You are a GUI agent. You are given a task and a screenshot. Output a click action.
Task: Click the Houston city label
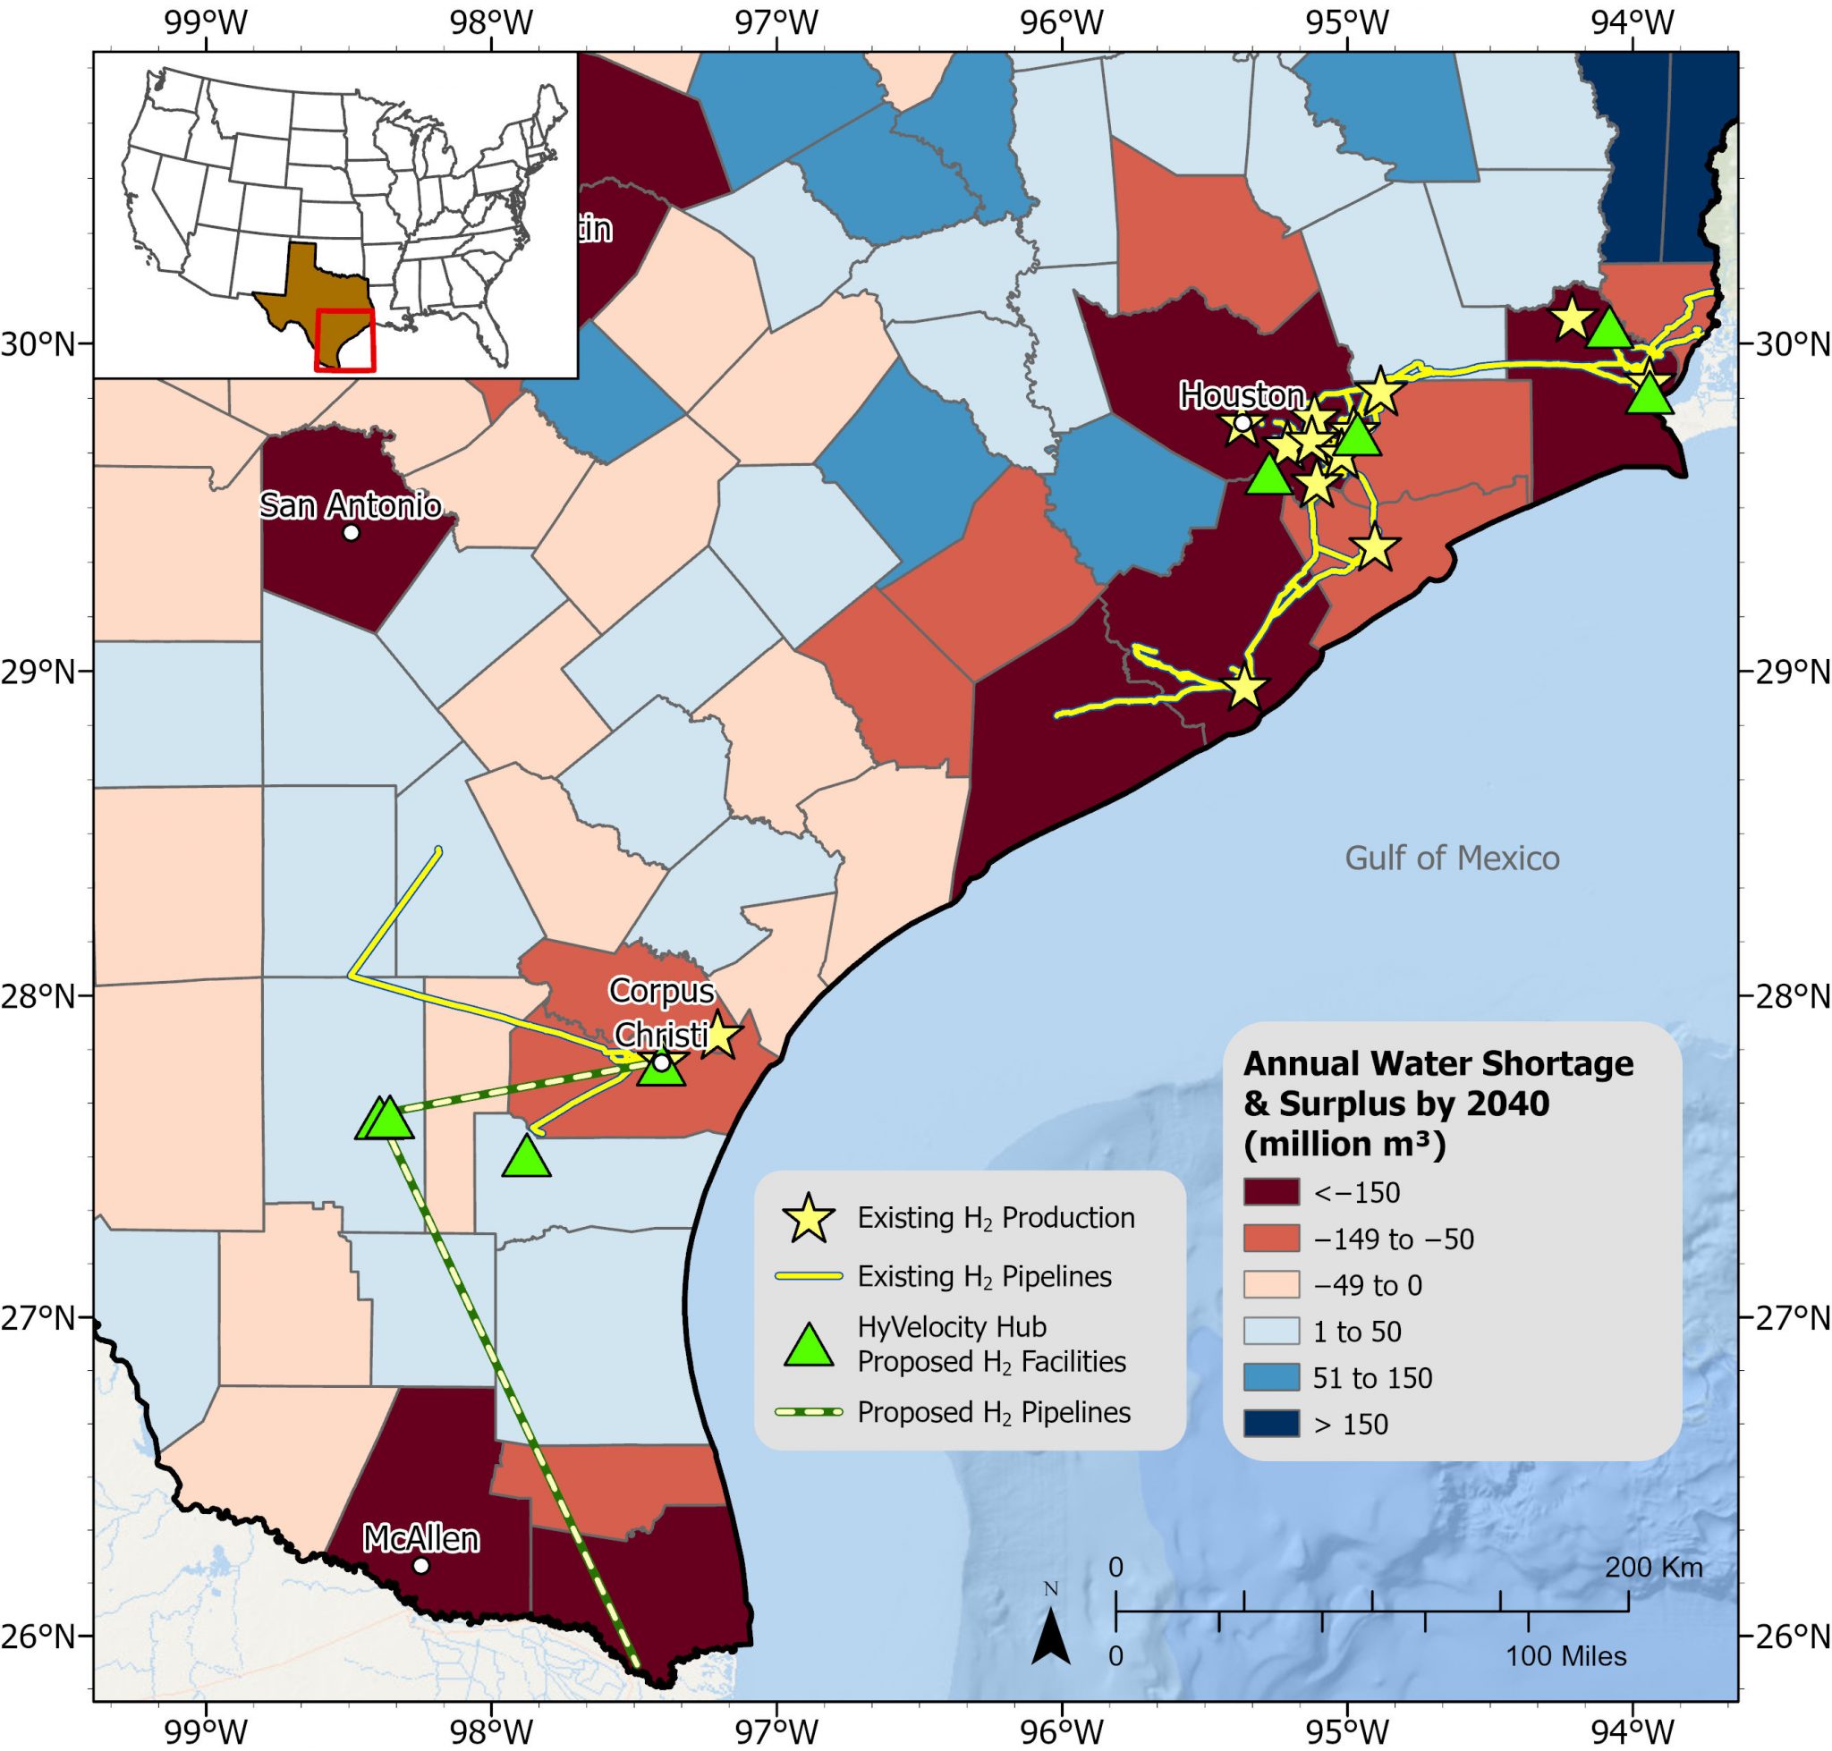click(x=1241, y=396)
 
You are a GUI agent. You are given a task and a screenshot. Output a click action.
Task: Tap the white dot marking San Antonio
click(x=351, y=533)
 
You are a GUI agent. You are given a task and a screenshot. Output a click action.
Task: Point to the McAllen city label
click(x=420, y=1539)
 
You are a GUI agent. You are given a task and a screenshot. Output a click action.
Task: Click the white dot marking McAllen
click(x=421, y=1565)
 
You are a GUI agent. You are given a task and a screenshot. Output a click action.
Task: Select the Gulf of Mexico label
click(x=1451, y=858)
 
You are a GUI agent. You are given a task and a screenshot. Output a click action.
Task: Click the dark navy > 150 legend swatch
click(x=1271, y=1425)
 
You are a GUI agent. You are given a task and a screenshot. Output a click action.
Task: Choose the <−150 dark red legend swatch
click(x=1271, y=1192)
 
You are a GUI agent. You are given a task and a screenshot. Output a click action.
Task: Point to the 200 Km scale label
click(x=1653, y=1568)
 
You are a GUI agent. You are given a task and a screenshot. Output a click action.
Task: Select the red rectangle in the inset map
click(x=344, y=340)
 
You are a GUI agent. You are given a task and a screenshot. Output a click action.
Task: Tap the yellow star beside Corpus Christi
click(x=719, y=1034)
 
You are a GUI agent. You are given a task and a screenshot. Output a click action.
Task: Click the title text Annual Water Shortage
click(x=1438, y=1064)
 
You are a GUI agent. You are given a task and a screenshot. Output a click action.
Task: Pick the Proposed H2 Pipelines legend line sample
click(x=809, y=1412)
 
